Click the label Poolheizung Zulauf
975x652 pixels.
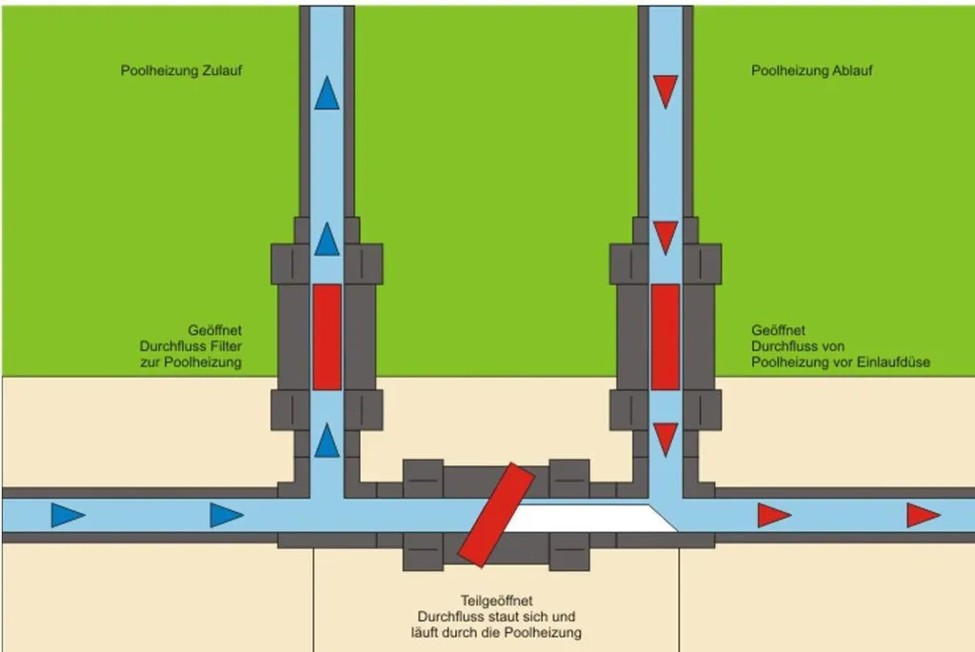[x=181, y=70]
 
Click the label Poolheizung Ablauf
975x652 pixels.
[x=811, y=70]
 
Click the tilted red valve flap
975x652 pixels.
[x=496, y=515]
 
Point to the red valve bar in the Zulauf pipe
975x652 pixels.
[x=328, y=338]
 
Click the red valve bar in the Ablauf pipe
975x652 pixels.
[x=666, y=338]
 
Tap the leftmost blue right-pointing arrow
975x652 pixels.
[x=68, y=515]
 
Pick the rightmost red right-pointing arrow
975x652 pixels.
[x=924, y=515]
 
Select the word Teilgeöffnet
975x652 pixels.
[x=496, y=601]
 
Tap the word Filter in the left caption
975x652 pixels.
[x=226, y=346]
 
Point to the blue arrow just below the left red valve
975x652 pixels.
[x=328, y=441]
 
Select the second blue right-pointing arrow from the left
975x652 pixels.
[x=227, y=515]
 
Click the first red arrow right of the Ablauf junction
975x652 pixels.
[x=774, y=515]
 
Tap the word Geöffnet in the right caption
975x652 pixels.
[x=778, y=330]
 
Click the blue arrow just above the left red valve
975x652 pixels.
[x=328, y=239]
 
